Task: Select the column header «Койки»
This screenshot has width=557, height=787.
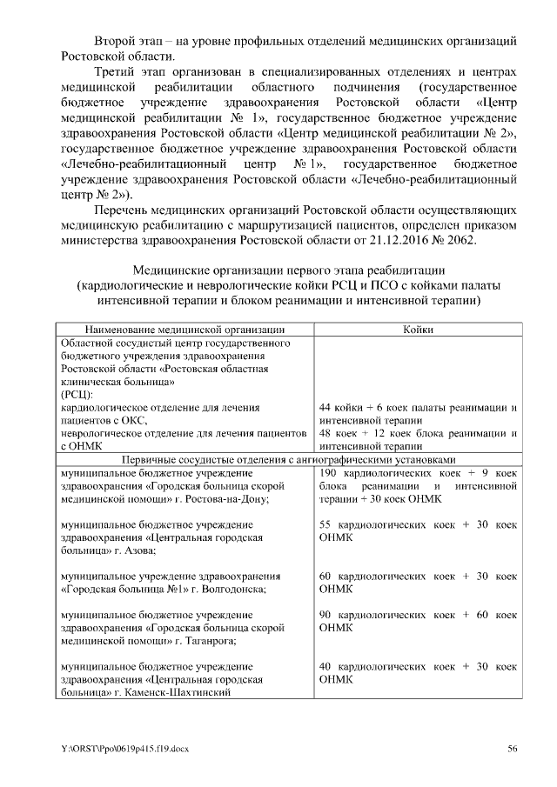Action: pyautogui.click(x=419, y=329)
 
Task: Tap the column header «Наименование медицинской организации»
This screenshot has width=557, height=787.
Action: pyautogui.click(x=185, y=329)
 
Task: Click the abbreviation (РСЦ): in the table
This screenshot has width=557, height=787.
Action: pyautogui.click(x=76, y=394)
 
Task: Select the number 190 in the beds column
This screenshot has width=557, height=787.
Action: pyautogui.click(x=331, y=473)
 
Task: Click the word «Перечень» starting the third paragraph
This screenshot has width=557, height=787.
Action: pyautogui.click(x=123, y=210)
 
